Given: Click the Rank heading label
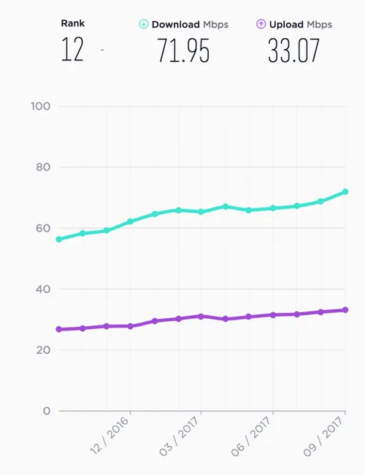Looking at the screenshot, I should pos(73,23).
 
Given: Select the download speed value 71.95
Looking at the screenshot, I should pos(183,52).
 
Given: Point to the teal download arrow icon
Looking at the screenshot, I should pos(143,24).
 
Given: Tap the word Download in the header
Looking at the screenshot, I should pos(175,24).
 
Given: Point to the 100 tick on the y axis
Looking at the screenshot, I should pos(41,107).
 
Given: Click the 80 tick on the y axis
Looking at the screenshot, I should pos(43,167).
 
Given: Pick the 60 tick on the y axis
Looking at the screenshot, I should pos(43,228).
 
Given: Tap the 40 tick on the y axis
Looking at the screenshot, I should pos(43,289).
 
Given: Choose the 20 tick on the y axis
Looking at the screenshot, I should pos(43,350).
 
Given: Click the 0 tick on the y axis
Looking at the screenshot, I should pos(47,411).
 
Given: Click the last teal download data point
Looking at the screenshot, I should pos(345,192).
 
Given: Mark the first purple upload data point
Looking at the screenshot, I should pos(58,329).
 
